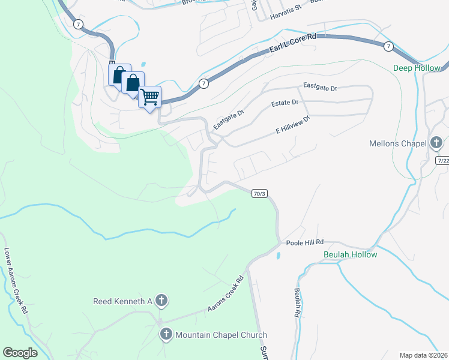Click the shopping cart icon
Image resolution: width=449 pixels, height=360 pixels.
(149, 96)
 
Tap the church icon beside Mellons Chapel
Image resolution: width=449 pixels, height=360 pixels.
(436, 143)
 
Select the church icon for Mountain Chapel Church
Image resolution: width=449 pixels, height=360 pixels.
(166, 334)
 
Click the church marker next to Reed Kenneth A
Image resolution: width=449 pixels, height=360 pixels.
(160, 300)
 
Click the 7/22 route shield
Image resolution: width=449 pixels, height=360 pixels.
(443, 161)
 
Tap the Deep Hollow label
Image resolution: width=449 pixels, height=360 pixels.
(417, 68)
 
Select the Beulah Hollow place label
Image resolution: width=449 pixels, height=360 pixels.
(350, 254)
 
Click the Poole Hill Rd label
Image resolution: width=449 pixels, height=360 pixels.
(304, 242)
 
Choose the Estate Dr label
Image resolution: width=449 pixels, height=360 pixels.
(285, 103)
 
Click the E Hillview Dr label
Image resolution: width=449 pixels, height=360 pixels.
(292, 124)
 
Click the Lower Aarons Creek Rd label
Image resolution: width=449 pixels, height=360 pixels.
(16, 281)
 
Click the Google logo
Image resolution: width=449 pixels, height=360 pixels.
(20, 353)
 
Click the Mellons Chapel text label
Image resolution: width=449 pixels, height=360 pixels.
(399, 143)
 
